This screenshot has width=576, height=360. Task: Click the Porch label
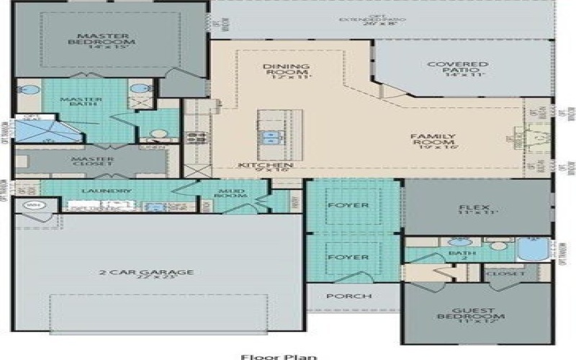tap(349, 296)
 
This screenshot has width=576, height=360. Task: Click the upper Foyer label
tap(348, 205)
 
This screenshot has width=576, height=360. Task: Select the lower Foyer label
tap(348, 257)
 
